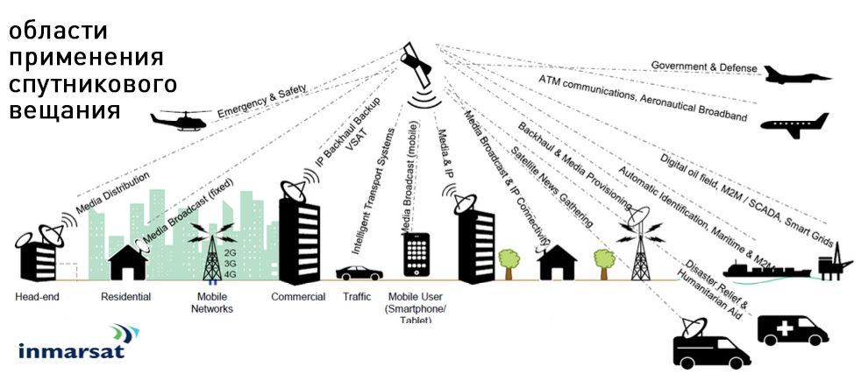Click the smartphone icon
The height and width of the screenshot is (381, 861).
(416, 254)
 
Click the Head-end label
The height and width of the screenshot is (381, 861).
(37, 297)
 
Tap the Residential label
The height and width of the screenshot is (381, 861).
(126, 297)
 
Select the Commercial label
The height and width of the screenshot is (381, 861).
(298, 297)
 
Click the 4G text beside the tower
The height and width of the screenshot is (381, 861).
(231, 274)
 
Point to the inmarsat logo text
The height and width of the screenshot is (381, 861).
(71, 351)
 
